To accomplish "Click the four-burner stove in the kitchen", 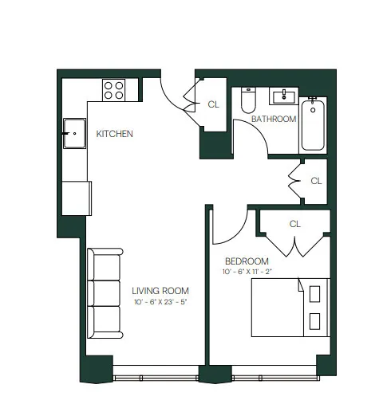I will click(114, 88).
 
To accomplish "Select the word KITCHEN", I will click(114, 134).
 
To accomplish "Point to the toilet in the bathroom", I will click(247, 102).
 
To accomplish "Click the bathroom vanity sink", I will click(284, 98).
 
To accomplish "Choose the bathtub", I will click(313, 125).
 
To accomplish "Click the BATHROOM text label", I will click(274, 119).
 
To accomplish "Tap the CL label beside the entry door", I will click(213, 104).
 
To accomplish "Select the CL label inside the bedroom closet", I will click(294, 224).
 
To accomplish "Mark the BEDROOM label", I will click(247, 261).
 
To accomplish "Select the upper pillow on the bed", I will click(315, 293).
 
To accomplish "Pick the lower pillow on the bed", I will click(315, 321).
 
